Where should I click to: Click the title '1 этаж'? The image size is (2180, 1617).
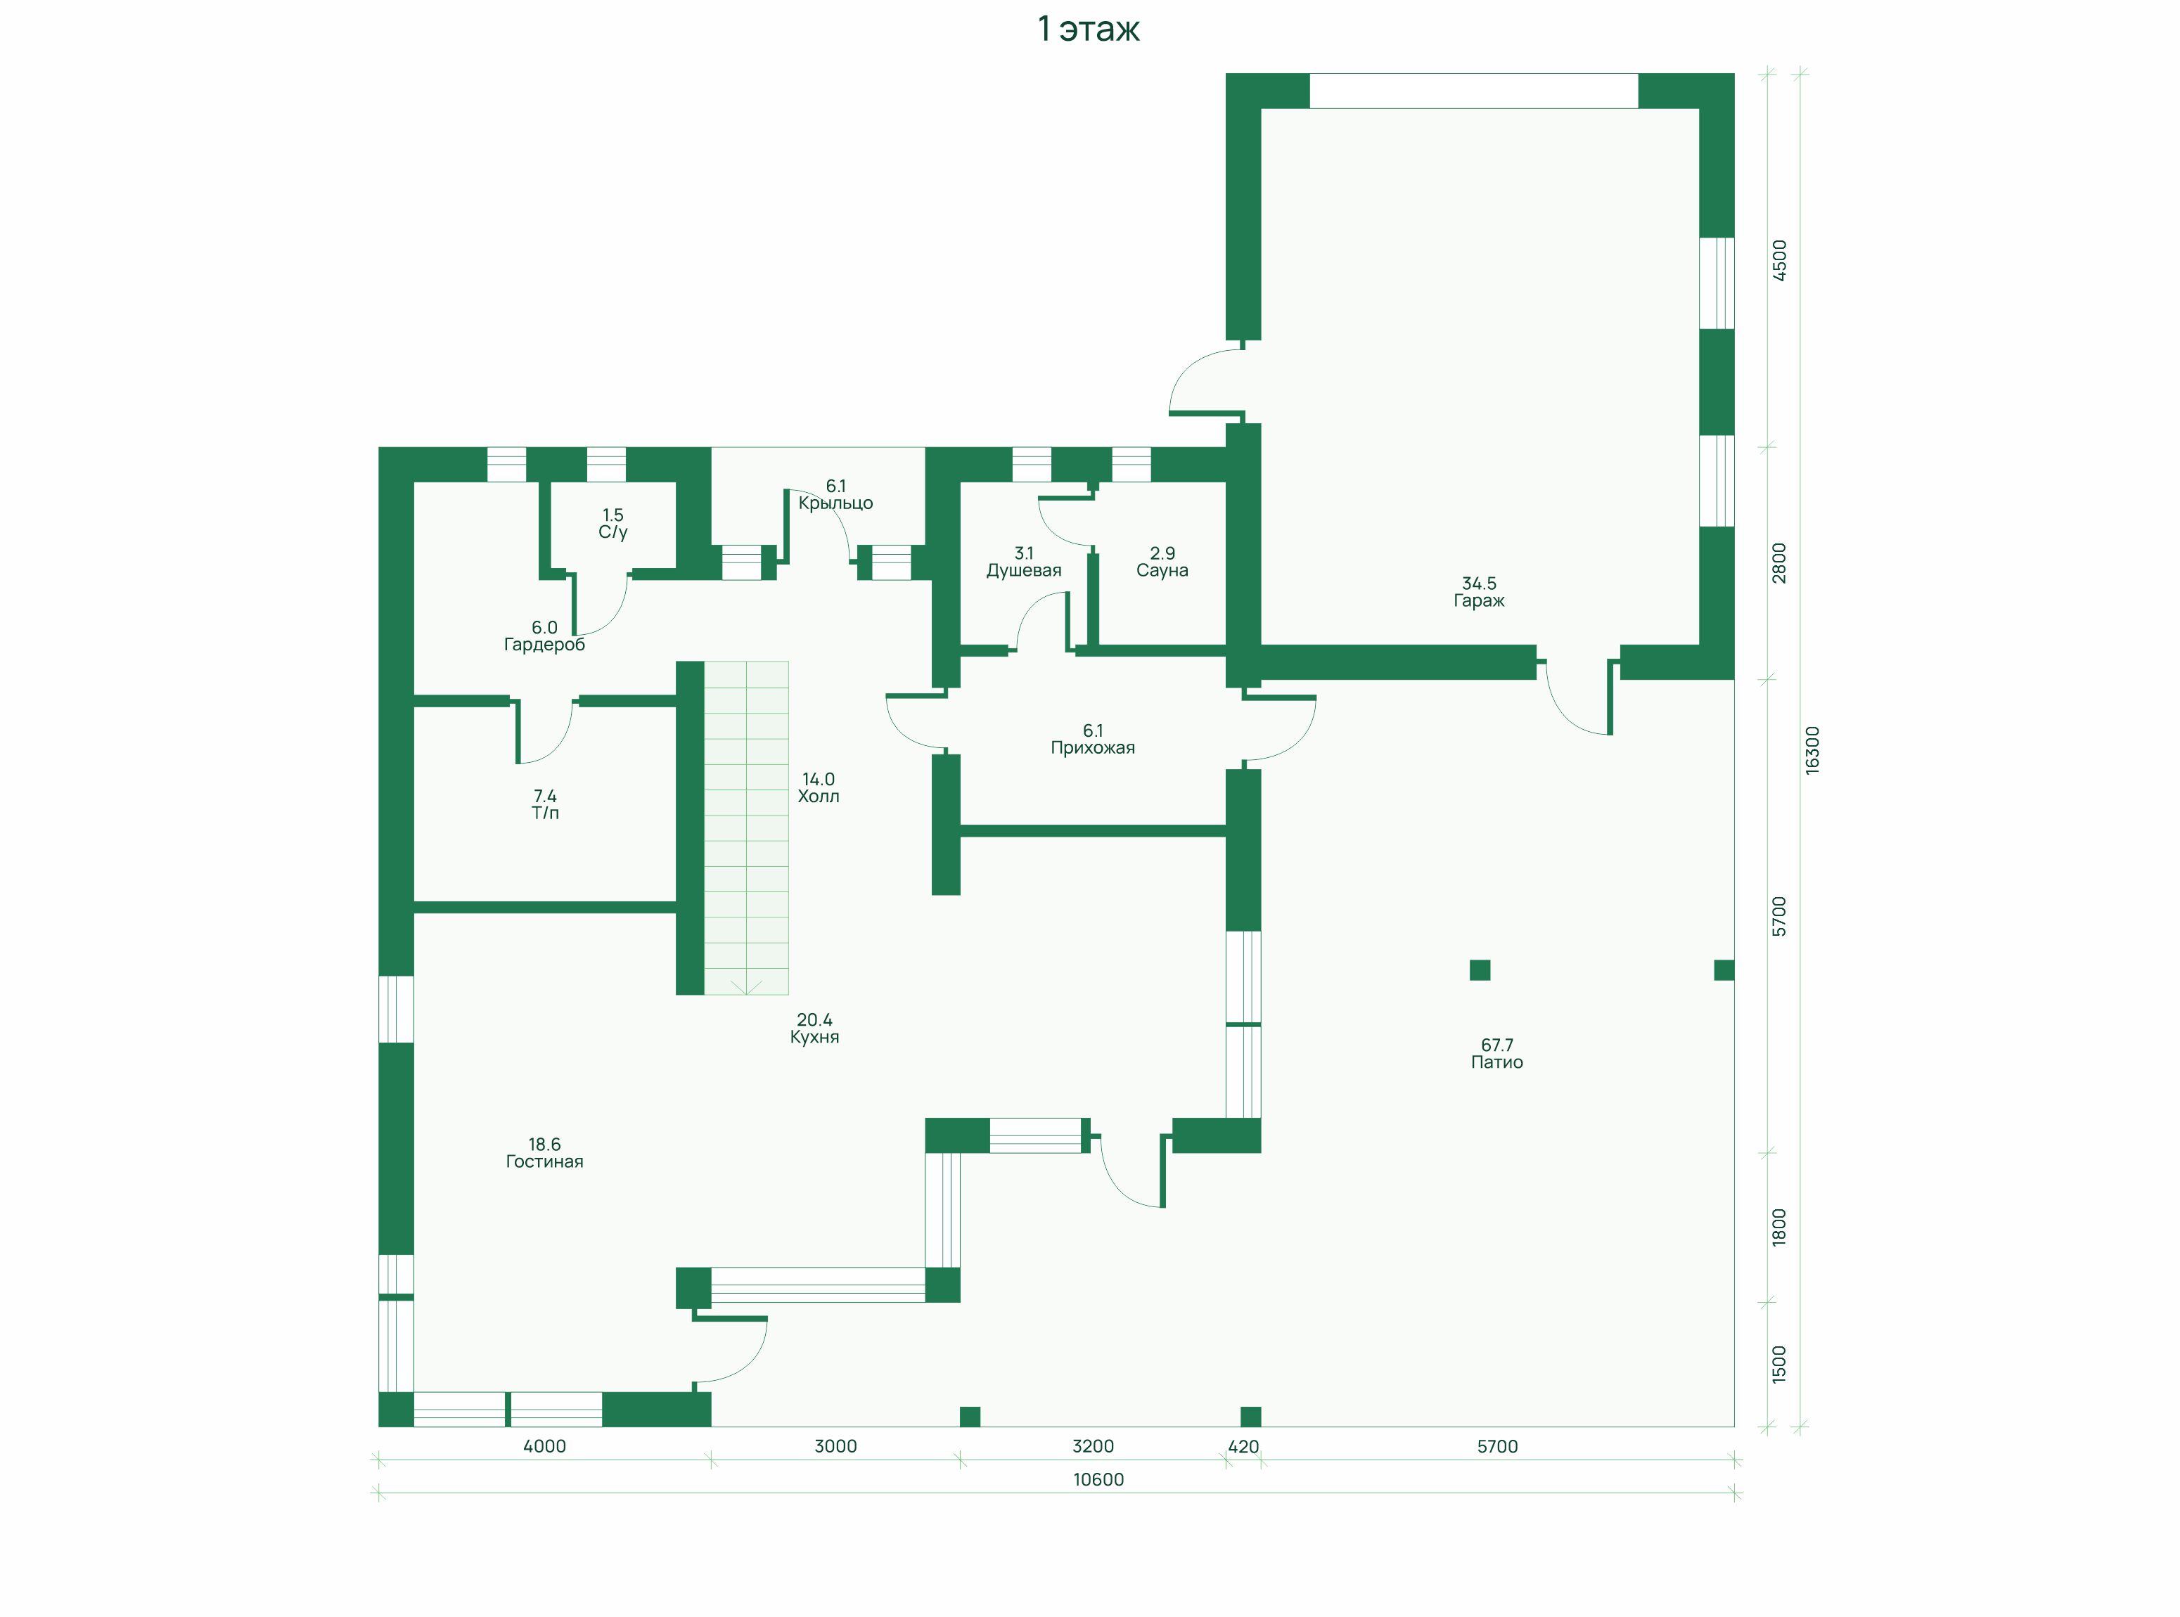pyautogui.click(x=1089, y=30)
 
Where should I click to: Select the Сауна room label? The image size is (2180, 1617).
pyautogui.click(x=1162, y=571)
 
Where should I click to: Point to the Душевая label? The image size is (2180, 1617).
pyautogui.click(x=1023, y=571)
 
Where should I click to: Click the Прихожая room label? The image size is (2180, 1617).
pyautogui.click(x=1092, y=748)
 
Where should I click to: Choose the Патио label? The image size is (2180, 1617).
pyautogui.click(x=1496, y=1062)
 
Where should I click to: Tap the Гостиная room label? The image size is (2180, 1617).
pyautogui.click(x=544, y=1162)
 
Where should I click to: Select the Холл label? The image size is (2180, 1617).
pyautogui.click(x=819, y=797)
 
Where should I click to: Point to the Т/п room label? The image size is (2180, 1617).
pyautogui.click(x=545, y=813)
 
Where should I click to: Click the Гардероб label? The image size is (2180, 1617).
pyautogui.click(x=544, y=645)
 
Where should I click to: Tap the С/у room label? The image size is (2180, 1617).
pyautogui.click(x=613, y=532)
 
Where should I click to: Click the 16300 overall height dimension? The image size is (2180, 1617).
pyautogui.click(x=1812, y=751)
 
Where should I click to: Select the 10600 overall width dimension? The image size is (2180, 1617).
pyautogui.click(x=1098, y=1480)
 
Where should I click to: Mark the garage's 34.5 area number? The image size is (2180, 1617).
pyautogui.click(x=1478, y=584)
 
